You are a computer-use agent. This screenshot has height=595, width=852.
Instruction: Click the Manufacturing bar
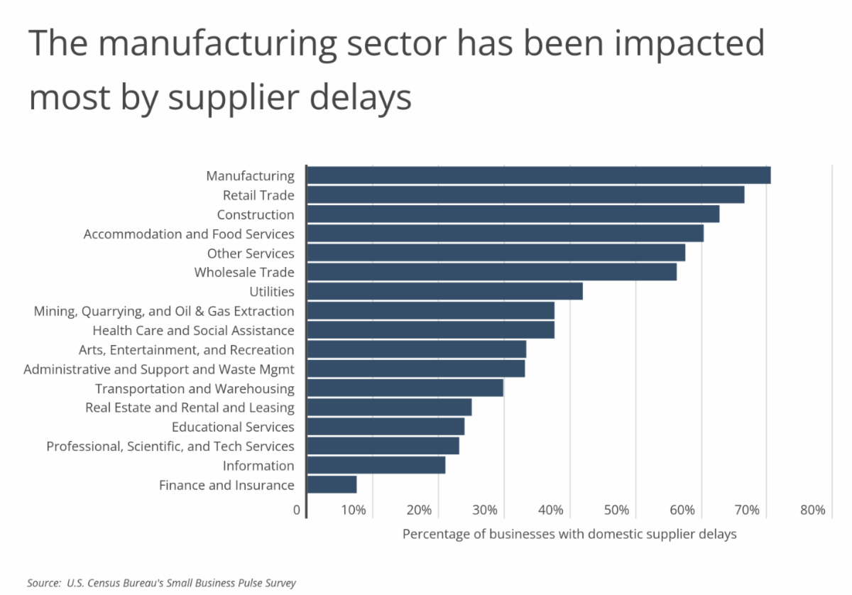(538, 175)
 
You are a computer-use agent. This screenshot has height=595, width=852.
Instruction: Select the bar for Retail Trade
(525, 195)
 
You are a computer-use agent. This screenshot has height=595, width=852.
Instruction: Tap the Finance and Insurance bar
(332, 485)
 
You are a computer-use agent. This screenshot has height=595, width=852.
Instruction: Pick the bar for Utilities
(444, 291)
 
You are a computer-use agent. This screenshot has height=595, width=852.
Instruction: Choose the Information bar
(376, 465)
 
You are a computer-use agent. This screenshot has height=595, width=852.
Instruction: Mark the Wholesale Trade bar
(491, 272)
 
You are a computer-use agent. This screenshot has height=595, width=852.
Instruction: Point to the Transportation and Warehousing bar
(405, 388)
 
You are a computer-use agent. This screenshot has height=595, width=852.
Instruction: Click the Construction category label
(255, 214)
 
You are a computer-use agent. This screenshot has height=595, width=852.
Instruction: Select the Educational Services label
(233, 427)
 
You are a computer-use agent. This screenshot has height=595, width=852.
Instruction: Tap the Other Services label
(250, 253)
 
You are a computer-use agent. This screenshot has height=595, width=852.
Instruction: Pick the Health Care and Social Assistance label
(193, 330)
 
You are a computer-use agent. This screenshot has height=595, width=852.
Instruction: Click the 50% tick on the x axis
(617, 510)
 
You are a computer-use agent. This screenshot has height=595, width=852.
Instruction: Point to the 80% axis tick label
(812, 510)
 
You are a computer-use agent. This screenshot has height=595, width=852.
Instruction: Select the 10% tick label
(354, 510)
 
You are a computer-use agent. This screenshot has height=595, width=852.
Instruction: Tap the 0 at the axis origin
(296, 510)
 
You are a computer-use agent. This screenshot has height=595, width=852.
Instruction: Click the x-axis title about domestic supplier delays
(569, 534)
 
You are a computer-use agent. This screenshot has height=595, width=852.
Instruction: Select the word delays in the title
(364, 98)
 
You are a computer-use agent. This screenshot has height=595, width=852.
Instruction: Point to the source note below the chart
(161, 583)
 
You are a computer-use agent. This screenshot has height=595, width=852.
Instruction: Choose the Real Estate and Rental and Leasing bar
(389, 408)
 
